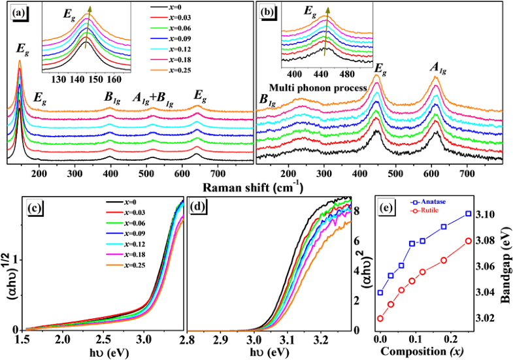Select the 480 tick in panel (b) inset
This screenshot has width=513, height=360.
(x=351, y=74)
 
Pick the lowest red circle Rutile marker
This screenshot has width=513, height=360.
(x=380, y=318)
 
